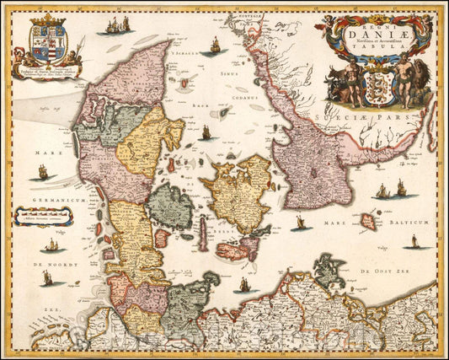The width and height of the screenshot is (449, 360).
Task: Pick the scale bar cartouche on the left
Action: [x=42, y=217]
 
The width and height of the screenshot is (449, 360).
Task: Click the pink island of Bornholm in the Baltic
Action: [x=367, y=222]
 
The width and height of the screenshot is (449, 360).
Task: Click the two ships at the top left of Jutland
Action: [x=118, y=25]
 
